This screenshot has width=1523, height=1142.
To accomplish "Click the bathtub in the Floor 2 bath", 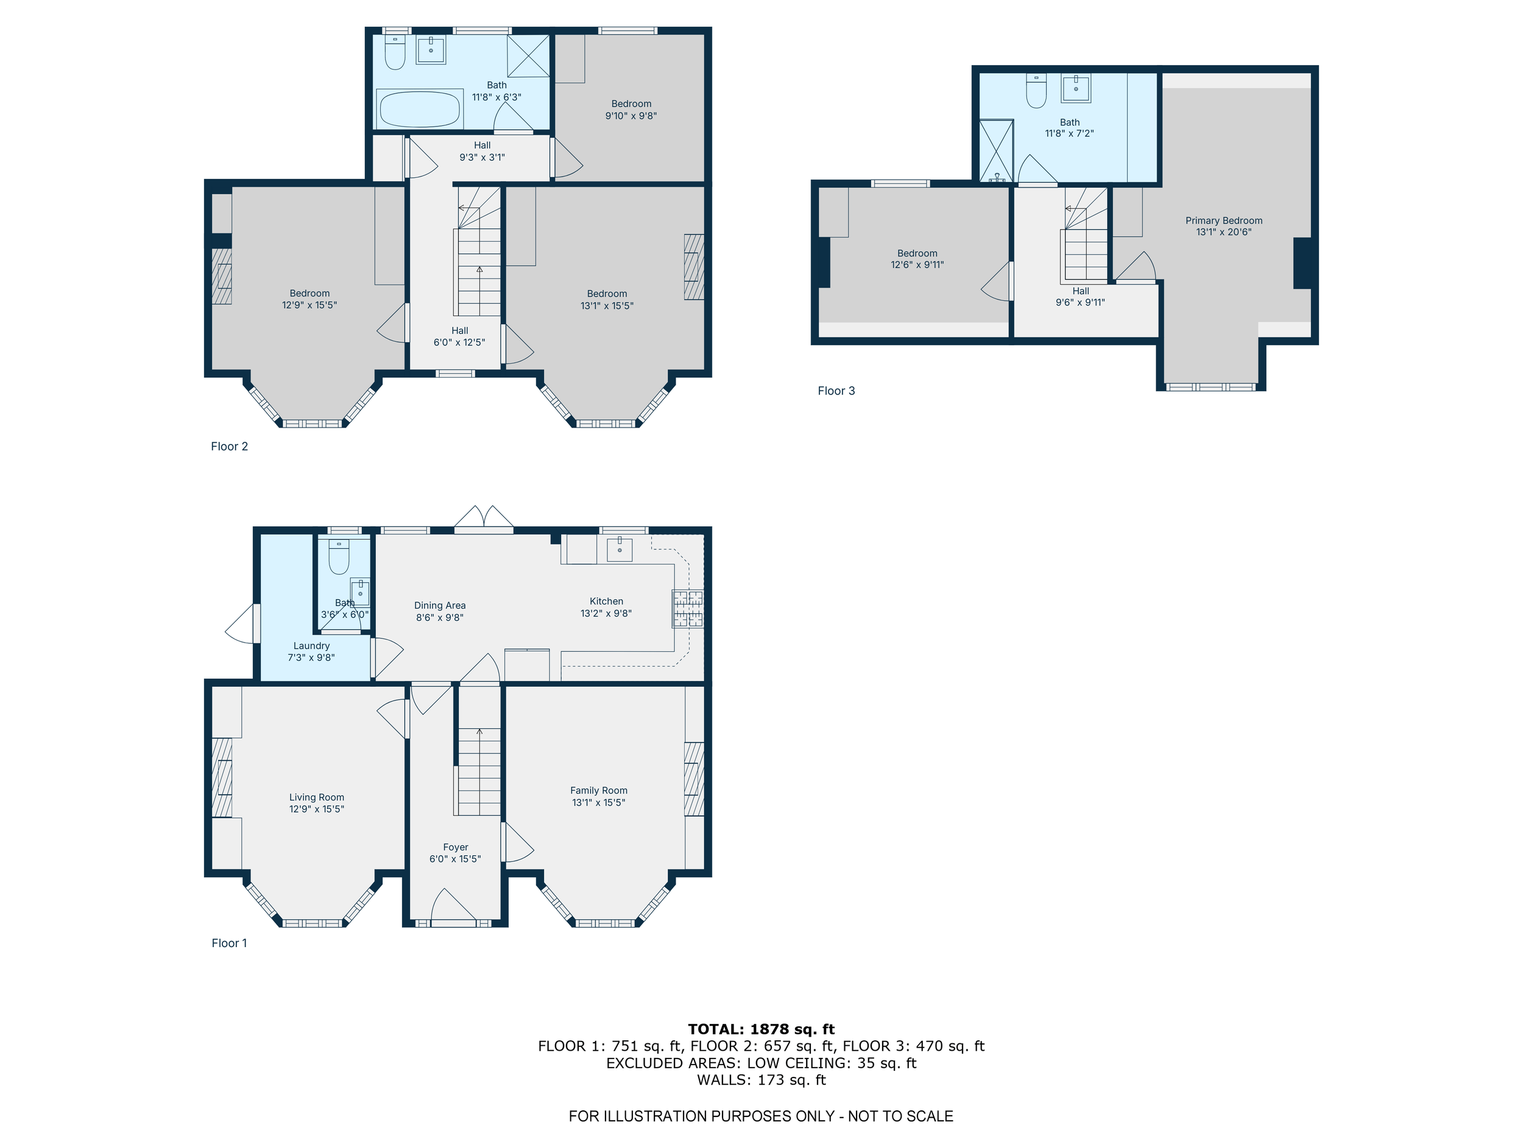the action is coord(419,109).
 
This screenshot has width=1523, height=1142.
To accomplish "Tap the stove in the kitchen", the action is coord(688,608).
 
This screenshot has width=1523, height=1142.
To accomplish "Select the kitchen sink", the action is coord(620,549).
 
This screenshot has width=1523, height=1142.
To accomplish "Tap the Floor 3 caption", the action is coord(836,391).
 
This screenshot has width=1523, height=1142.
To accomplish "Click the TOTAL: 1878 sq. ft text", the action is coord(761,1029).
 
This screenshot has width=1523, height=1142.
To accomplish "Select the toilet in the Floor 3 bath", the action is coord(1036,90).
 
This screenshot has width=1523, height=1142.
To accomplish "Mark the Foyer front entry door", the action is coord(454,906).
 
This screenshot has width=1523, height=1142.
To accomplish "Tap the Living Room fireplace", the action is coord(222,777).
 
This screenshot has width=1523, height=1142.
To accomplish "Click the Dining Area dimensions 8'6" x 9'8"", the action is coord(439,618).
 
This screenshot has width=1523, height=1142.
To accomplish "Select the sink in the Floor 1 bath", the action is coord(360,592).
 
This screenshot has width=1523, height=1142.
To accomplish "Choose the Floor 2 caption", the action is coord(229,446).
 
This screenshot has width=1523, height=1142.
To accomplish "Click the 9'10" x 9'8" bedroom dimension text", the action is coord(631,116).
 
